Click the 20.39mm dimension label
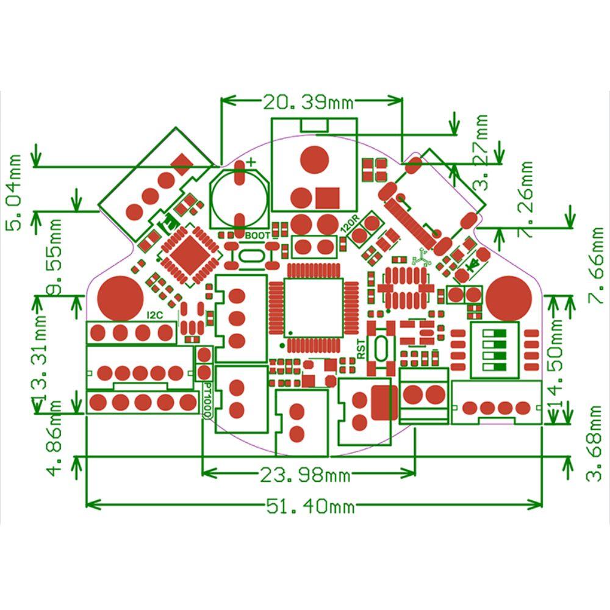303,102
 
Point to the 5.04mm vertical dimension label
13,192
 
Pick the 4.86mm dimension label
57,437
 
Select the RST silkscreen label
361,349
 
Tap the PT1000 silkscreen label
207,400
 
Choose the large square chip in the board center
314,309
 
